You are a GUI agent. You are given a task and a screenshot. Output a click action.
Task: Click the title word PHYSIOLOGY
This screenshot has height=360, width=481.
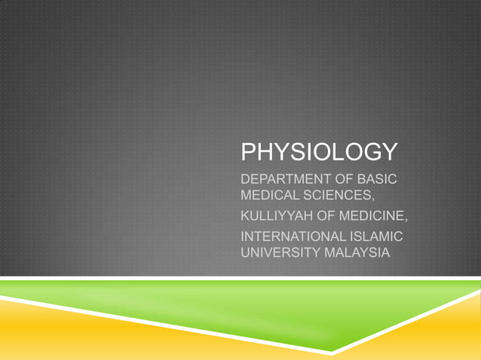tap(317, 152)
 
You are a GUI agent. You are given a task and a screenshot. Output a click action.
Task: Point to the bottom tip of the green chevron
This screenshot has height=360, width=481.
tap(332, 351)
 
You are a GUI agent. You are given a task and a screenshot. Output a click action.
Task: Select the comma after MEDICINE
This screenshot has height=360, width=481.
tap(407, 221)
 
